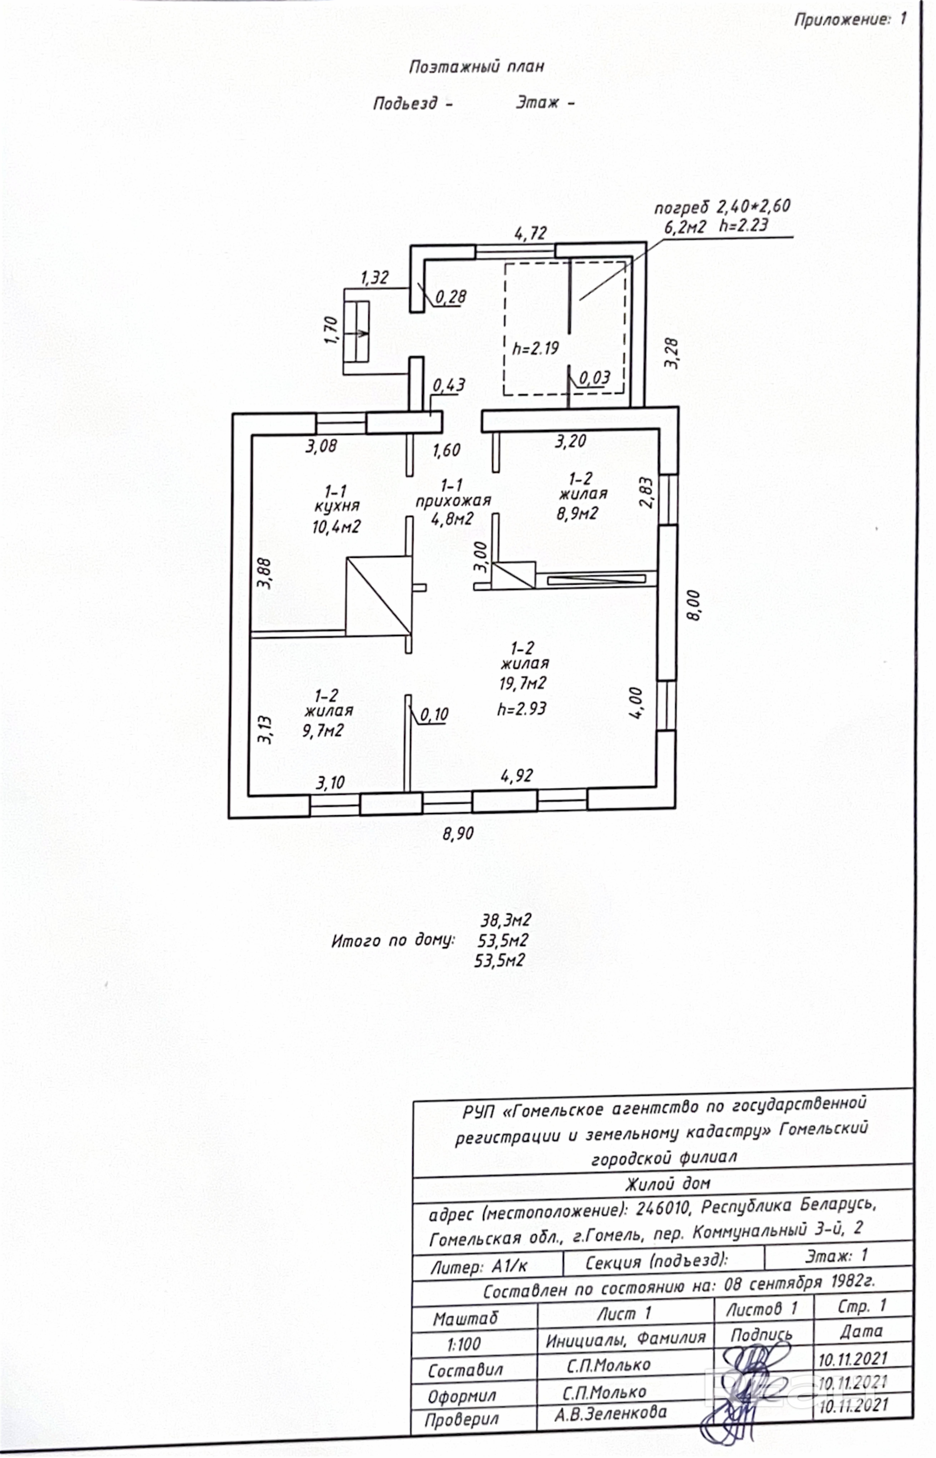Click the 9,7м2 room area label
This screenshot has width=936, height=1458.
click(323, 731)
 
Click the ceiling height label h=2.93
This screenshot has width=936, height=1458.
click(522, 709)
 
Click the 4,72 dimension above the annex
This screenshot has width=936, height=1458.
click(531, 233)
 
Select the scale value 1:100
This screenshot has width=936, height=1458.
click(464, 1344)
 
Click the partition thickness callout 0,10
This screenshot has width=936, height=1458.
click(434, 715)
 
